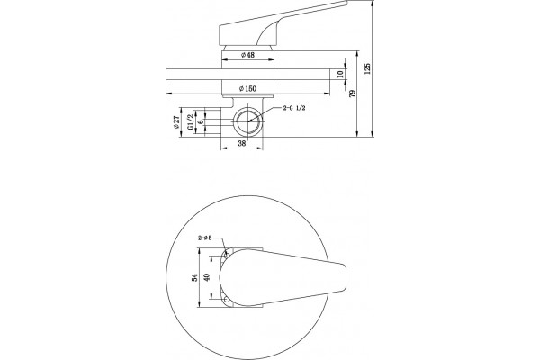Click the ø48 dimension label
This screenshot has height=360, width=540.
pyautogui.click(x=247, y=55)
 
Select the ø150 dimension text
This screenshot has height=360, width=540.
pyautogui.click(x=248, y=88)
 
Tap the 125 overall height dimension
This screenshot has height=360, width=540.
pyautogui.click(x=367, y=69)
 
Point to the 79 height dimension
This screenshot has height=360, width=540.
pyautogui.click(x=352, y=94)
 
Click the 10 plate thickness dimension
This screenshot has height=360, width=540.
pyautogui.click(x=340, y=74)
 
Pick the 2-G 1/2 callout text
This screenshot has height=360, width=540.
pyautogui.click(x=294, y=108)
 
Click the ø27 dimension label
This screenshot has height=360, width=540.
pyautogui.click(x=176, y=122)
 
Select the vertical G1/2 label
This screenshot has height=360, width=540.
pyautogui.click(x=190, y=122)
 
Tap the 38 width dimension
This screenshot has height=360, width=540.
pyautogui.click(x=242, y=144)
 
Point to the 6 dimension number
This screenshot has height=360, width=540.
pyautogui.click(x=201, y=121)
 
